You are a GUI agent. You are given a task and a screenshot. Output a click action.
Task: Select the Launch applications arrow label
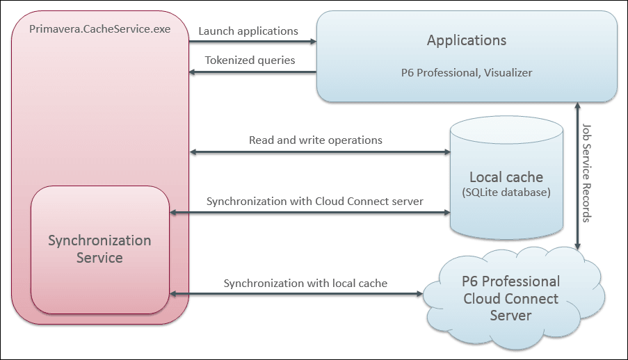pos(248,31)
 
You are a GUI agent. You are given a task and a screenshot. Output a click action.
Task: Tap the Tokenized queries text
pos(250,60)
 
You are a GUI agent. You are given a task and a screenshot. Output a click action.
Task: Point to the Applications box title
pos(467,40)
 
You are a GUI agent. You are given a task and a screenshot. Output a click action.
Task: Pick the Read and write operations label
pos(316,140)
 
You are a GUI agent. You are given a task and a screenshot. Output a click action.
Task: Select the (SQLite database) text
pos(506,191)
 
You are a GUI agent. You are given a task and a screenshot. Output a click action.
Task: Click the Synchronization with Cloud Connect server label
pos(314,202)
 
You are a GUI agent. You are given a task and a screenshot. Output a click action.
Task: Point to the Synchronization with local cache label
pos(305,284)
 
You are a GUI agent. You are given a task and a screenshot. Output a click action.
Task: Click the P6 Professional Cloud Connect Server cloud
pos(510,299)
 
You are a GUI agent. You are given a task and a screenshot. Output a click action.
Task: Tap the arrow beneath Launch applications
pos(252,42)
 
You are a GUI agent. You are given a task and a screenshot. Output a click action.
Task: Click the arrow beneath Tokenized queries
pos(252,71)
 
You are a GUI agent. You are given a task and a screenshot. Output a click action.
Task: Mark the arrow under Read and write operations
pos(319,152)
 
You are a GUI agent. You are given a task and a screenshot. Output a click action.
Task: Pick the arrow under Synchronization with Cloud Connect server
pos(309,213)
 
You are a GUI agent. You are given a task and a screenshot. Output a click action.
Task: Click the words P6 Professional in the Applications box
pos(436,72)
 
